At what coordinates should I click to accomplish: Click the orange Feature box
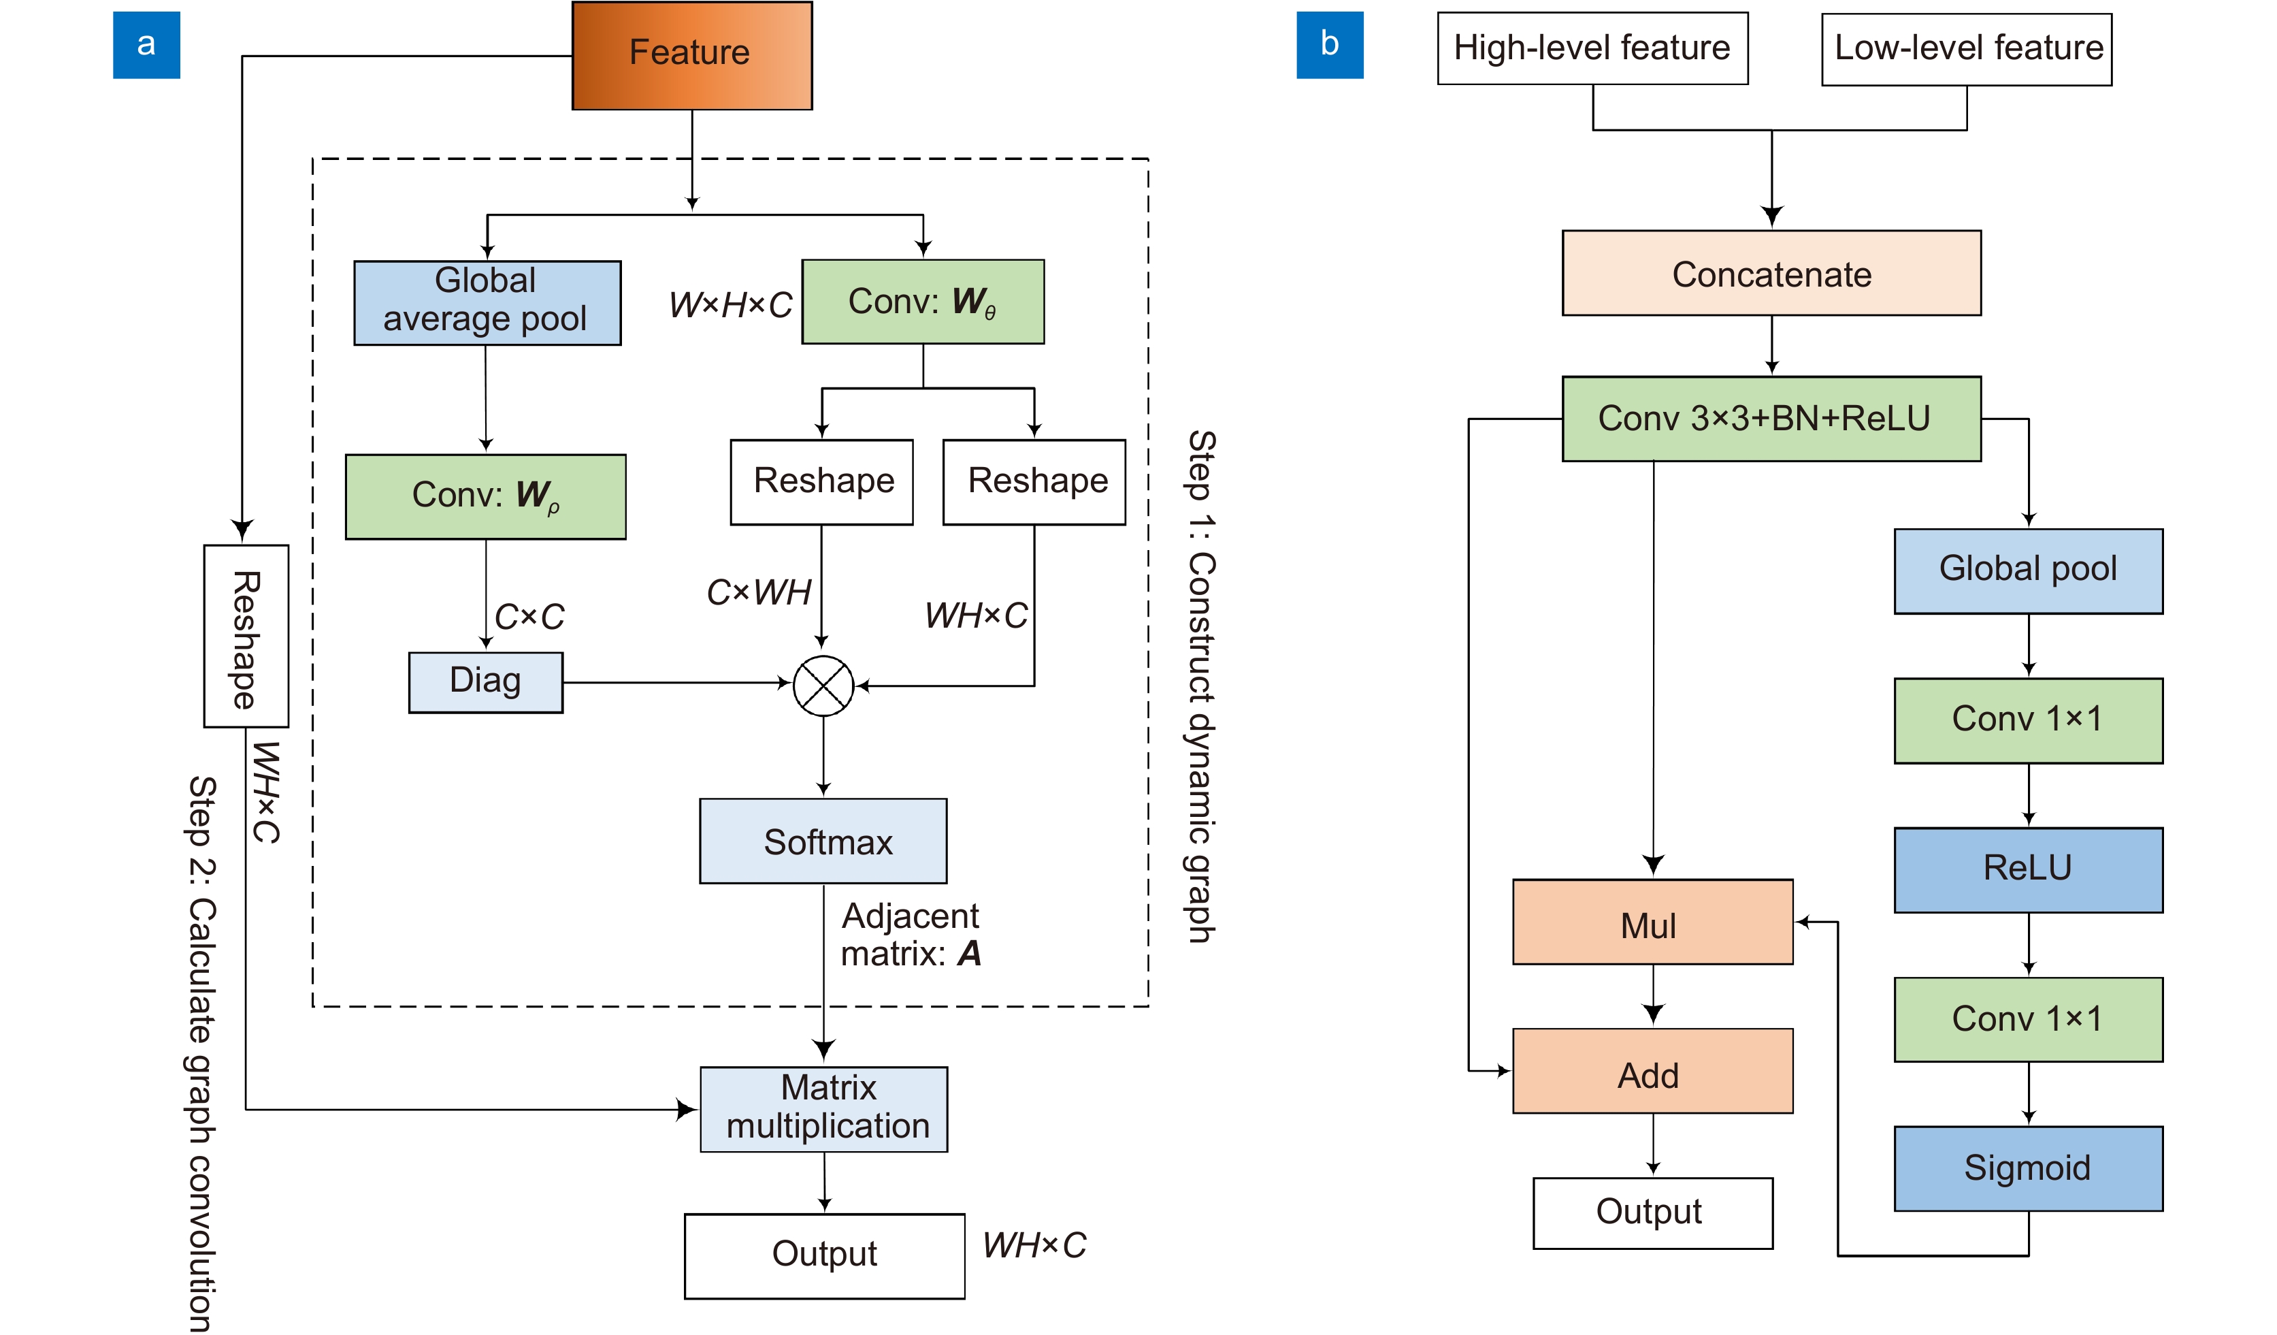click(692, 55)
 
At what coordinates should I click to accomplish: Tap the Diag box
click(485, 682)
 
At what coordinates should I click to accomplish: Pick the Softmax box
click(823, 841)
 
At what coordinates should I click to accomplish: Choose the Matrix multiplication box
click(823, 1109)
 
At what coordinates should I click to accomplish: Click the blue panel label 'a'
click(146, 44)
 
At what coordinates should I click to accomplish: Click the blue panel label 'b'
click(1329, 44)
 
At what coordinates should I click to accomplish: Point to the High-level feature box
click(1592, 48)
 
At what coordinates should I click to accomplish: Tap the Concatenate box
click(1771, 273)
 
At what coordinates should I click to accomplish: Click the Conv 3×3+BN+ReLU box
click(1771, 419)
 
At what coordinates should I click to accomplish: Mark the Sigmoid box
click(2028, 1168)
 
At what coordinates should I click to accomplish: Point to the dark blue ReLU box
click(2028, 869)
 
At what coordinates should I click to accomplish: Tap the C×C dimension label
click(529, 616)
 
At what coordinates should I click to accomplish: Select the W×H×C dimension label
click(730, 304)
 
